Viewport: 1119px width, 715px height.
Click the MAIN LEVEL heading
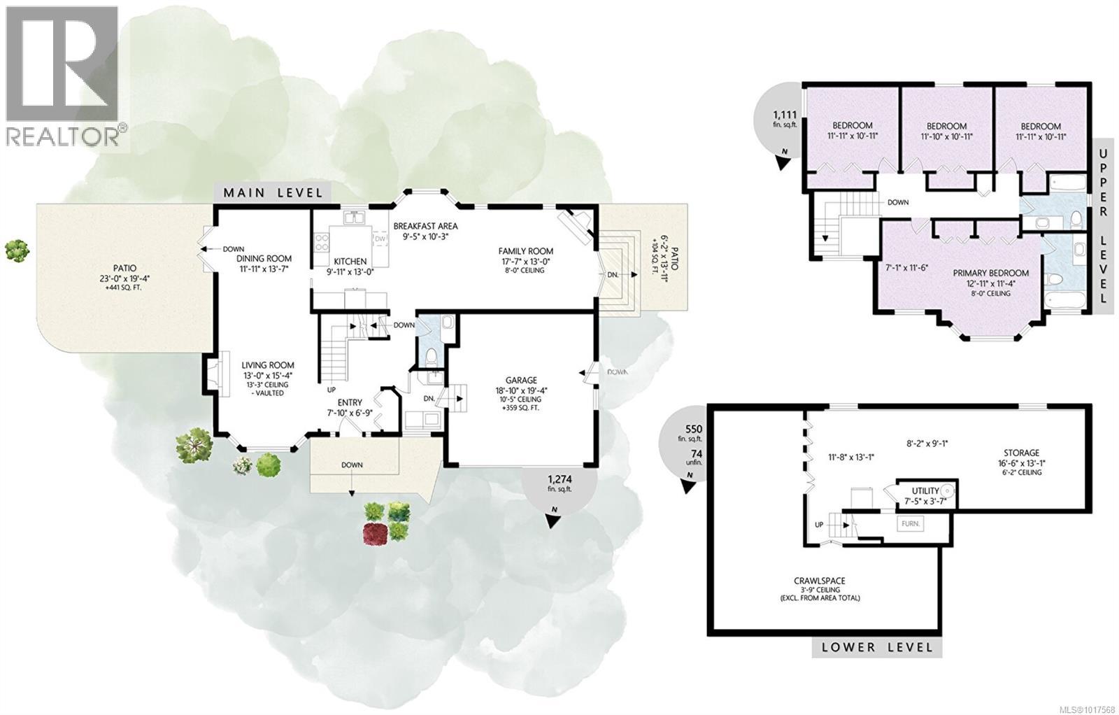tap(273, 192)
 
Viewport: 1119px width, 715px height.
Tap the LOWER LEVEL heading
tap(877, 646)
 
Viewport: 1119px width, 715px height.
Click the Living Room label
tap(268, 365)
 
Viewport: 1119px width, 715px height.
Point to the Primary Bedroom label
tap(990, 273)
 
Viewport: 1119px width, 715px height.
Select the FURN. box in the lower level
tap(911, 523)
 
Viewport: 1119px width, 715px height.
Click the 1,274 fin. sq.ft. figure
tap(559, 479)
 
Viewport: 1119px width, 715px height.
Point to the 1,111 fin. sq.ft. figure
tap(785, 115)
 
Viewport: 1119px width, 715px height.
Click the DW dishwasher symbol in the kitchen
tap(380, 239)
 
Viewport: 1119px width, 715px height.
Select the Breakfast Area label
tap(425, 226)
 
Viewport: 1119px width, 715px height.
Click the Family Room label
tap(525, 251)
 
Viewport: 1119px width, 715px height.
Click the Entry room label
tap(350, 402)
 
